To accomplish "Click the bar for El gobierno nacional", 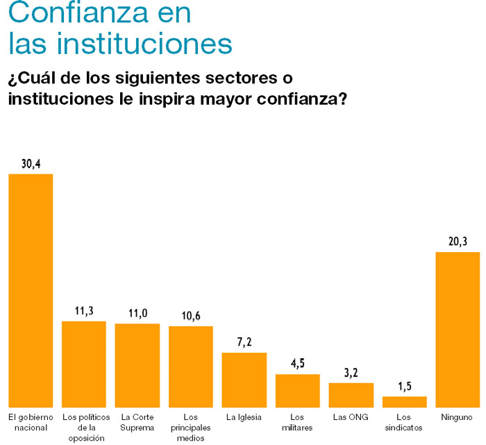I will (31, 290).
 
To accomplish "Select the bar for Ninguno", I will (458, 329).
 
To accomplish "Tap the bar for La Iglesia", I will (244, 380).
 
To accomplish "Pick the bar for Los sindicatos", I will (405, 401).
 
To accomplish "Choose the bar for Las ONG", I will (351, 394).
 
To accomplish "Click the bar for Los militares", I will (298, 390).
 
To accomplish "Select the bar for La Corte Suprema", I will (137, 365).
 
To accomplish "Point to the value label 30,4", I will (31, 164).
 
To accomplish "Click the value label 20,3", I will (458, 242).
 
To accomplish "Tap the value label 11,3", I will (85, 311).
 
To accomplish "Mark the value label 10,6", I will (191, 316).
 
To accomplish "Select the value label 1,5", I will (405, 387).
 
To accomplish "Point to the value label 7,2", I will (244, 343).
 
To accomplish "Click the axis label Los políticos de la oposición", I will (85, 427).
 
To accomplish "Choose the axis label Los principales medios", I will (191, 427).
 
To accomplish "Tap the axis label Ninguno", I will (457, 417).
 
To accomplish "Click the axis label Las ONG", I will (351, 417).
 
